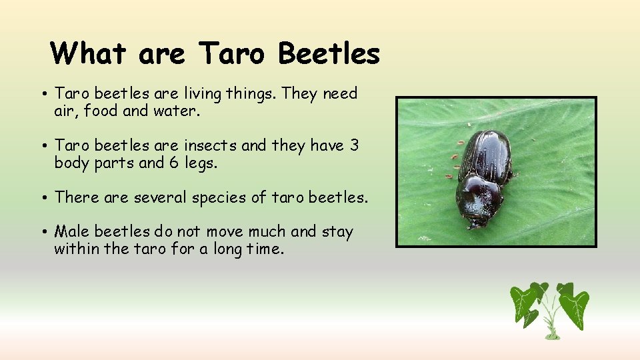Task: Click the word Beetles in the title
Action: click(x=329, y=53)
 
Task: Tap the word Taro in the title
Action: click(x=233, y=53)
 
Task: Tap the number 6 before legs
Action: click(x=174, y=163)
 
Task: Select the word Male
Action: click(x=73, y=232)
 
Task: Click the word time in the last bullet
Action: click(x=269, y=249)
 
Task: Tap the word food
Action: click(x=100, y=111)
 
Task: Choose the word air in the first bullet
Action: click(x=64, y=111)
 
